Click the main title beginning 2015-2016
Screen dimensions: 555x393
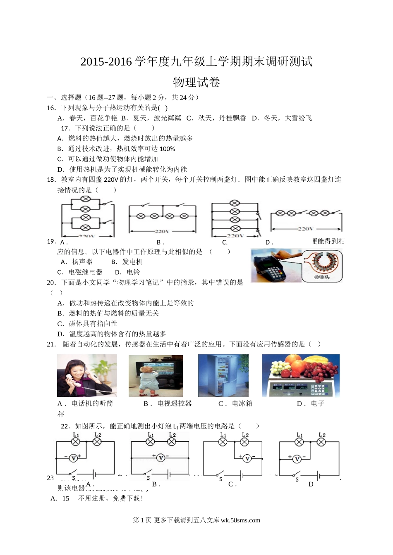click(x=196, y=62)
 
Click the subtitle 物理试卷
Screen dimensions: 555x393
click(x=196, y=82)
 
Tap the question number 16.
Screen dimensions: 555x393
click(x=51, y=108)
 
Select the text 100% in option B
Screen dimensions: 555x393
click(x=167, y=149)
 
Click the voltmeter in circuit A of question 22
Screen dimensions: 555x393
click(x=73, y=458)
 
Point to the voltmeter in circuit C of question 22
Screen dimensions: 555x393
click(x=247, y=458)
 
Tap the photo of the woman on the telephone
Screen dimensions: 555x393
click(x=87, y=375)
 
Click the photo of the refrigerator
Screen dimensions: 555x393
click(x=223, y=375)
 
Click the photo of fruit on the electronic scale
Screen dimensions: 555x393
click(x=300, y=375)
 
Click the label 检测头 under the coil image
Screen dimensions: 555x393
click(x=321, y=277)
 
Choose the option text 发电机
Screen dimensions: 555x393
click(x=132, y=262)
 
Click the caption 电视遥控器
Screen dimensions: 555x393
click(x=175, y=403)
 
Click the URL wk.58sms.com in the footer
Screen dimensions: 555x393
click(x=240, y=520)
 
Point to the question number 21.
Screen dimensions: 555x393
click(x=51, y=344)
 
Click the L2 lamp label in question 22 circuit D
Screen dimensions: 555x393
click(x=322, y=435)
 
